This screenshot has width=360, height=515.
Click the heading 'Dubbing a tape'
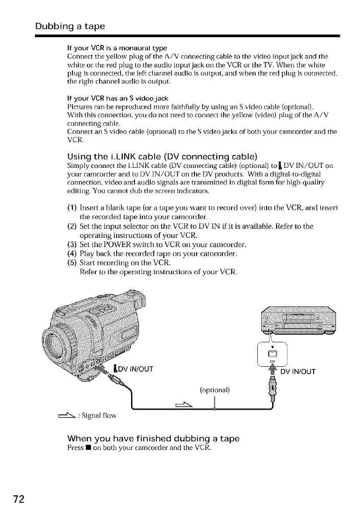[70, 26]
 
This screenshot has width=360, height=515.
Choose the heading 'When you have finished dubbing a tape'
[153, 438]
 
